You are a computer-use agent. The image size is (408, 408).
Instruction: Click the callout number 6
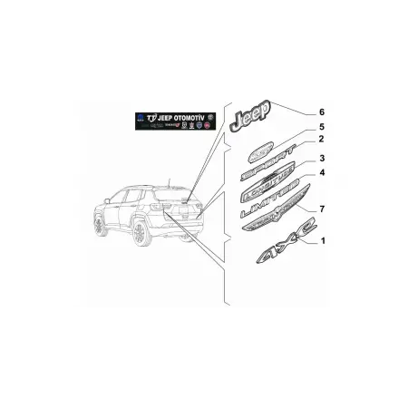pyautogui.click(x=319, y=112)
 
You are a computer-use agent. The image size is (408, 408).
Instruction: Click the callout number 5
pyautogui.click(x=319, y=127)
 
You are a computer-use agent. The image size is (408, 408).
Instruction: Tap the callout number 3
pyautogui.click(x=321, y=159)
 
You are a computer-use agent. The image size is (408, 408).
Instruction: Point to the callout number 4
pyautogui.click(x=320, y=172)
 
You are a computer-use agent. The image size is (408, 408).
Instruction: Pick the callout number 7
pyautogui.click(x=320, y=210)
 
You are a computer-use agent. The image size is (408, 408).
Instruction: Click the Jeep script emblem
pyautogui.click(x=249, y=118)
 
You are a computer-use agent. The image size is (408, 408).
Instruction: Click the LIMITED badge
pyautogui.click(x=269, y=202)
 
